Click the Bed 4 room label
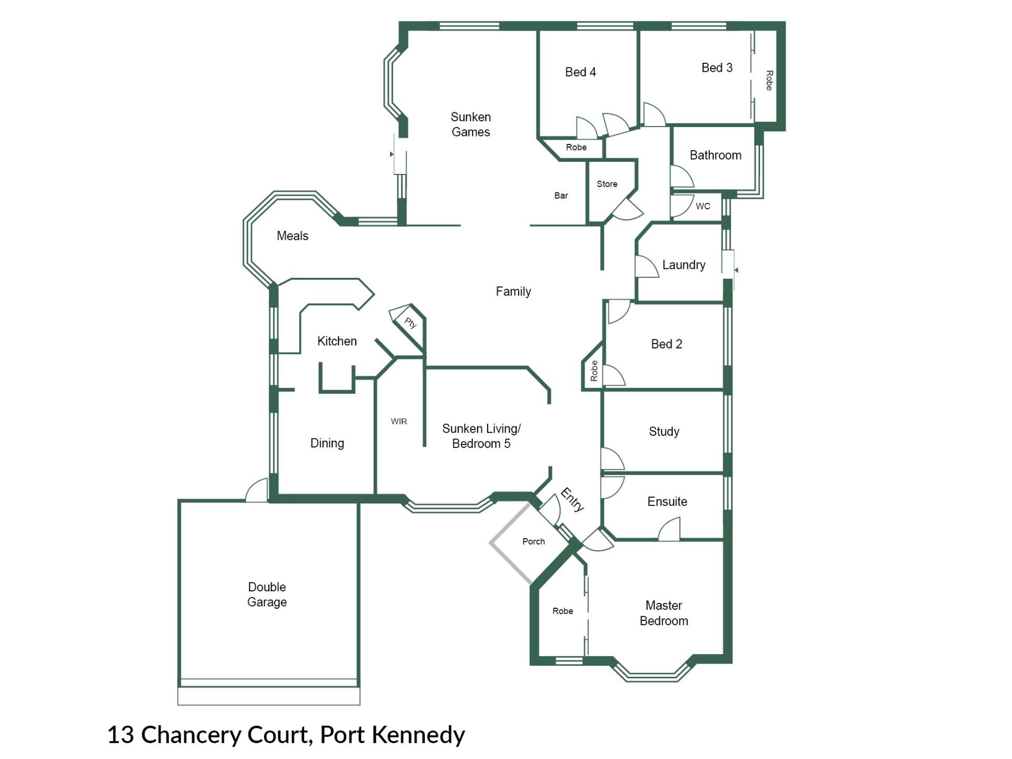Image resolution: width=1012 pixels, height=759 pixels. (580, 72)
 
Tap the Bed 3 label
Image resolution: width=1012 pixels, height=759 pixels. (717, 67)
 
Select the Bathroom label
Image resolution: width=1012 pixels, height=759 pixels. (715, 155)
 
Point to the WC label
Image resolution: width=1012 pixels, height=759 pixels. (703, 206)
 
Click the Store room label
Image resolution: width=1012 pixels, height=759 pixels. (607, 184)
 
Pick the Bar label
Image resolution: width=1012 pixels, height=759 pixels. (561, 196)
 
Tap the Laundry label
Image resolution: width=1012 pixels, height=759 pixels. (684, 265)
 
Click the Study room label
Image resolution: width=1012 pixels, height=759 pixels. (664, 432)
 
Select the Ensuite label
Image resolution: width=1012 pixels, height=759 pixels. (667, 501)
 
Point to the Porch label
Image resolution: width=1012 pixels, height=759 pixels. (533, 541)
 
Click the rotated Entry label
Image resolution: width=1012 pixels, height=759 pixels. (572, 500)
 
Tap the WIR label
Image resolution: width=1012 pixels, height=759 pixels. (398, 421)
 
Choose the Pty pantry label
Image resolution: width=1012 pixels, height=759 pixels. (411, 322)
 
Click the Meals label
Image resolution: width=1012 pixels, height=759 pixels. (293, 236)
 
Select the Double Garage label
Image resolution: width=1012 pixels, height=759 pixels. (267, 595)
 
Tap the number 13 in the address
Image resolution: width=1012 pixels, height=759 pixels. (121, 735)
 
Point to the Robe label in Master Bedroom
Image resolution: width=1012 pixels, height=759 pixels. (562, 611)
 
